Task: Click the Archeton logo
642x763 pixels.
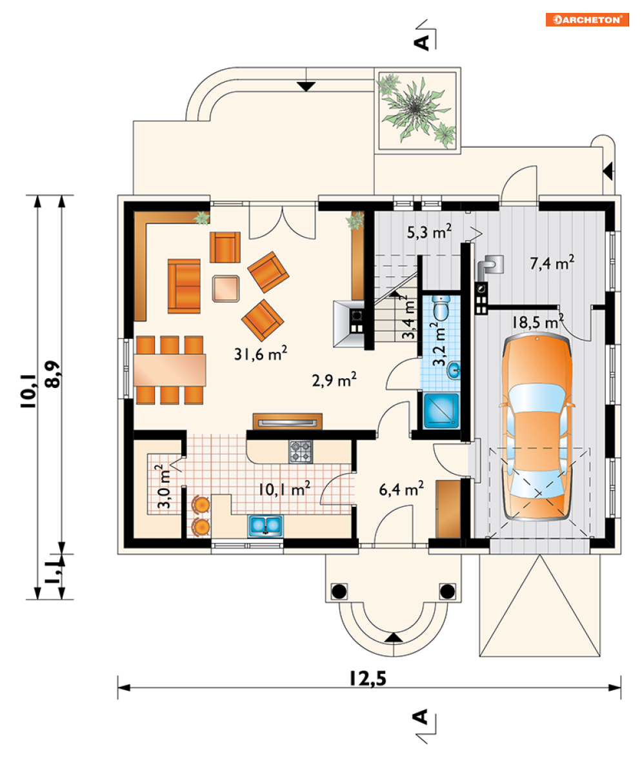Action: click(587, 19)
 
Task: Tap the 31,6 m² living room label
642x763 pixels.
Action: click(260, 353)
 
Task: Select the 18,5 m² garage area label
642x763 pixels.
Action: click(537, 321)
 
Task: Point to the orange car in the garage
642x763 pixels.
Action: click(537, 426)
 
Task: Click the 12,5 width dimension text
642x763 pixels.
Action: click(368, 678)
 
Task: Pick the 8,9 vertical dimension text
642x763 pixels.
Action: click(52, 374)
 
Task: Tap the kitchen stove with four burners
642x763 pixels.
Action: click(301, 451)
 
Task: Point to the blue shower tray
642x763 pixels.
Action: click(441, 411)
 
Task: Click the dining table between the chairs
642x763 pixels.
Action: click(170, 371)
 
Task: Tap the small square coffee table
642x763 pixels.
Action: click(226, 289)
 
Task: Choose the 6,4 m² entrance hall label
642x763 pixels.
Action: click(401, 489)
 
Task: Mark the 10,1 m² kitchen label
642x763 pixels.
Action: click(284, 489)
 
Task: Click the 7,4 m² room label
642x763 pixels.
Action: click(552, 263)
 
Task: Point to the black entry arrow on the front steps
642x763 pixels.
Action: click(394, 638)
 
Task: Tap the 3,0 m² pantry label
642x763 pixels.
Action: click(163, 487)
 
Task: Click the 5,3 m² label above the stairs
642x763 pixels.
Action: click(429, 232)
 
